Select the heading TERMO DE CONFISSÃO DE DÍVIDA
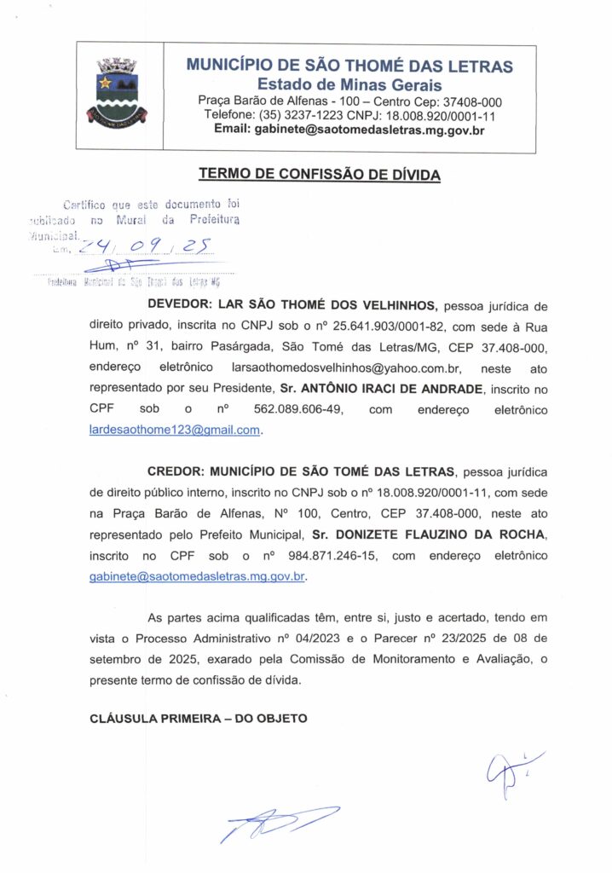(x=320, y=175)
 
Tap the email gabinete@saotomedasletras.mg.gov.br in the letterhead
(x=349, y=130)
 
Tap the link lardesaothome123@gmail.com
(x=175, y=431)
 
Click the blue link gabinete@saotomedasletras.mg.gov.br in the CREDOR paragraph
(x=197, y=576)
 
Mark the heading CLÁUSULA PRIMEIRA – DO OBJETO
(x=198, y=718)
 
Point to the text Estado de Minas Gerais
(x=349, y=84)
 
